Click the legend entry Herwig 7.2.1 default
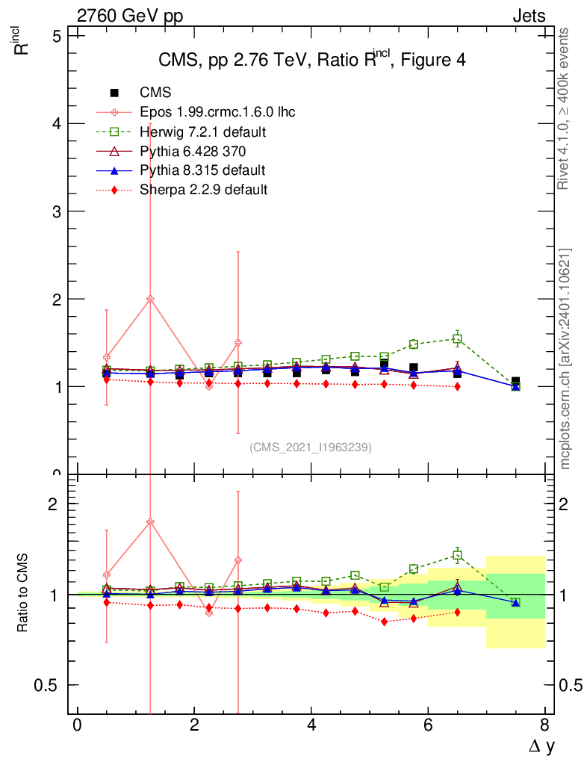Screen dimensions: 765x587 coord(203,131)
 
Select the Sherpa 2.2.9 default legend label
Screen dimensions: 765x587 coord(203,190)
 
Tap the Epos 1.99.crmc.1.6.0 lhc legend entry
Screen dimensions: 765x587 coord(217,112)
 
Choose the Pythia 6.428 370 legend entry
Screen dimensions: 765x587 coord(193,151)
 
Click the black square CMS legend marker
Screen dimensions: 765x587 coord(114,93)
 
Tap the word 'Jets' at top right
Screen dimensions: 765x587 coord(528,16)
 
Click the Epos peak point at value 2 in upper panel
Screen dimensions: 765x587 coord(150,299)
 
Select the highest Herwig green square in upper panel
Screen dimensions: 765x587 coord(457,339)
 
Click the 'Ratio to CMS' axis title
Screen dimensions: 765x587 coord(25,592)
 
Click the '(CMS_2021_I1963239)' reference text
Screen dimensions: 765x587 coord(311,447)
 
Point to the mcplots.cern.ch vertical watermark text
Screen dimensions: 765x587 coord(566,359)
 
